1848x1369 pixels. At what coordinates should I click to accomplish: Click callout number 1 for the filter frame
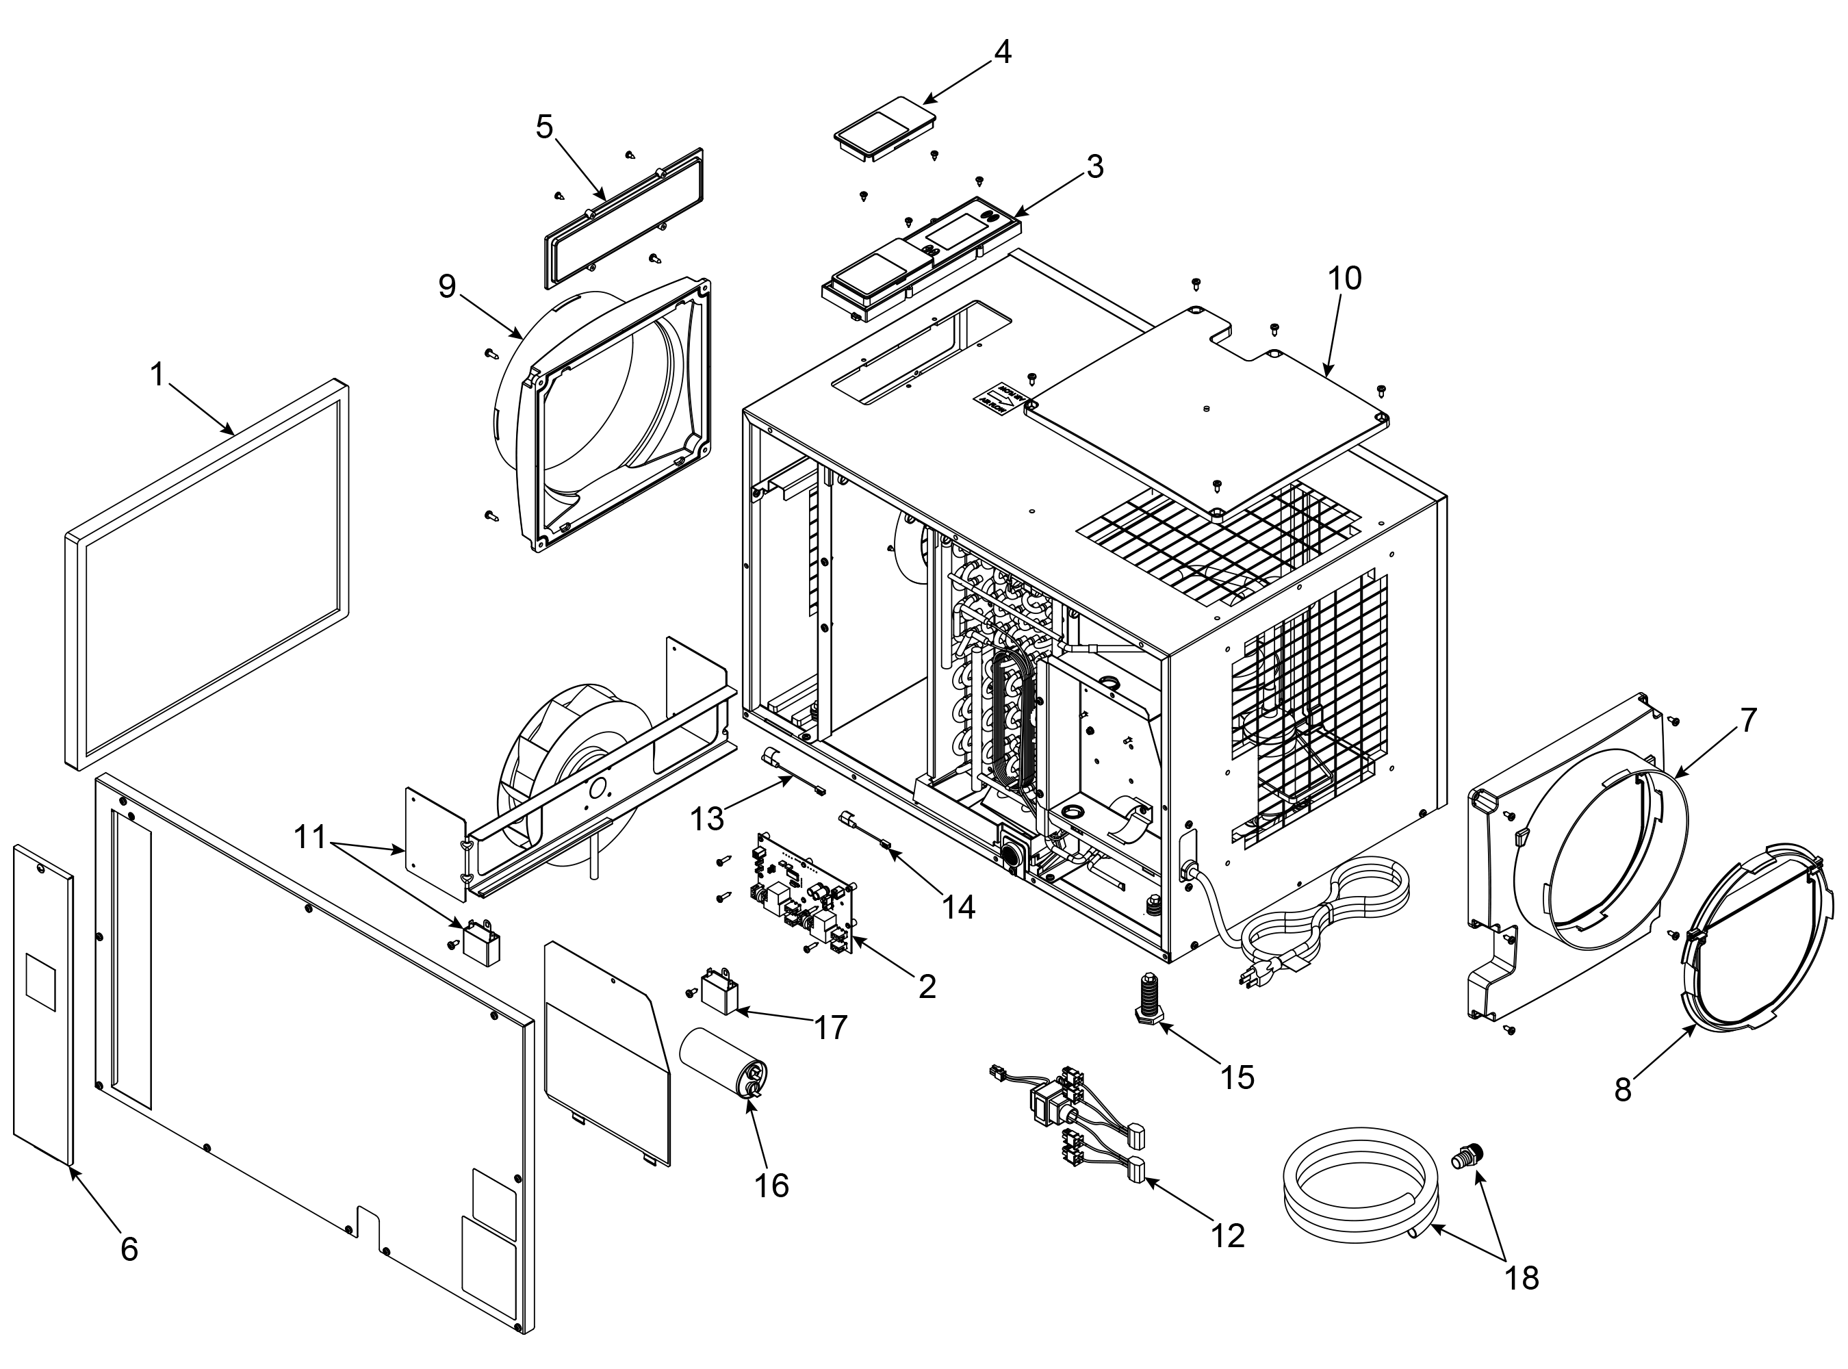click(157, 374)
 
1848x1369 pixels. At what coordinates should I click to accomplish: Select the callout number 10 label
click(1344, 279)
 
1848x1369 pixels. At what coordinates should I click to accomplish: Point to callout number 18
click(1522, 1278)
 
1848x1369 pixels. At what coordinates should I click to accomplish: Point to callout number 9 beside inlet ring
click(447, 286)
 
